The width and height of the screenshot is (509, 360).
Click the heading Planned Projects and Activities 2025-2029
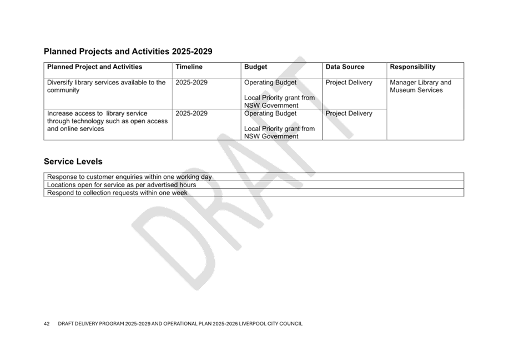[128, 51]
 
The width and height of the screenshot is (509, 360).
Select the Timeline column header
[189, 67]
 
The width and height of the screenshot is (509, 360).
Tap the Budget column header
[255, 67]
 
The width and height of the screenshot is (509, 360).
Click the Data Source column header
[345, 67]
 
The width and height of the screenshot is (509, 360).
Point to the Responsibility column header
[412, 67]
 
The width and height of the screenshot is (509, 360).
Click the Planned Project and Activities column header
[94, 67]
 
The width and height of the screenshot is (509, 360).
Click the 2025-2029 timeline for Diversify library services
[191, 83]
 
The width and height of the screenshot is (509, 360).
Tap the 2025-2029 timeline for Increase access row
[191, 113]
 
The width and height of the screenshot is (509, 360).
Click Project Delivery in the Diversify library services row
[349, 83]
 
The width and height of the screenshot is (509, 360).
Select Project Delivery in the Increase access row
[349, 113]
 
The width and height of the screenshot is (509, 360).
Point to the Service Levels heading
[73, 162]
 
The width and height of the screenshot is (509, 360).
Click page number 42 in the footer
[47, 323]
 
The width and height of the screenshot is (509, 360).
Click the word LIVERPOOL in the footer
[252, 323]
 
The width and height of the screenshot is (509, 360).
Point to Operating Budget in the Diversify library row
[270, 83]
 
